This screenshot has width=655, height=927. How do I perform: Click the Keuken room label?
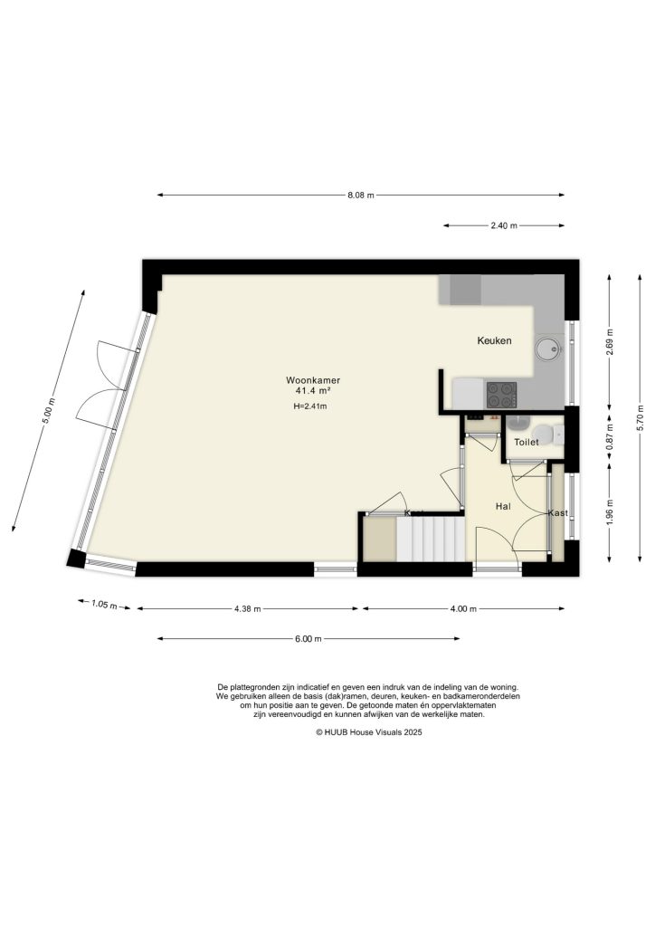495,341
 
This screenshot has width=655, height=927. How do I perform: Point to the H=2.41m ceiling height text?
309,406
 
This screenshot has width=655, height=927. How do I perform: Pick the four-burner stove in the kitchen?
502,394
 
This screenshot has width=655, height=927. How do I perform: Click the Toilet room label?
527,443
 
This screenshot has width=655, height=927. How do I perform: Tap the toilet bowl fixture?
519,424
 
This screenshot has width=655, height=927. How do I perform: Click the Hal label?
504,507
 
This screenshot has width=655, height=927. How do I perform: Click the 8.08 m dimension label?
361,195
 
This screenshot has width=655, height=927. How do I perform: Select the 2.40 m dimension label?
503,226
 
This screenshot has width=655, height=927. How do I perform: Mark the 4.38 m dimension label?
247,609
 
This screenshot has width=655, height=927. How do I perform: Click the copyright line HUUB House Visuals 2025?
368,734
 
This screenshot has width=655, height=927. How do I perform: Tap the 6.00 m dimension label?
308,639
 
